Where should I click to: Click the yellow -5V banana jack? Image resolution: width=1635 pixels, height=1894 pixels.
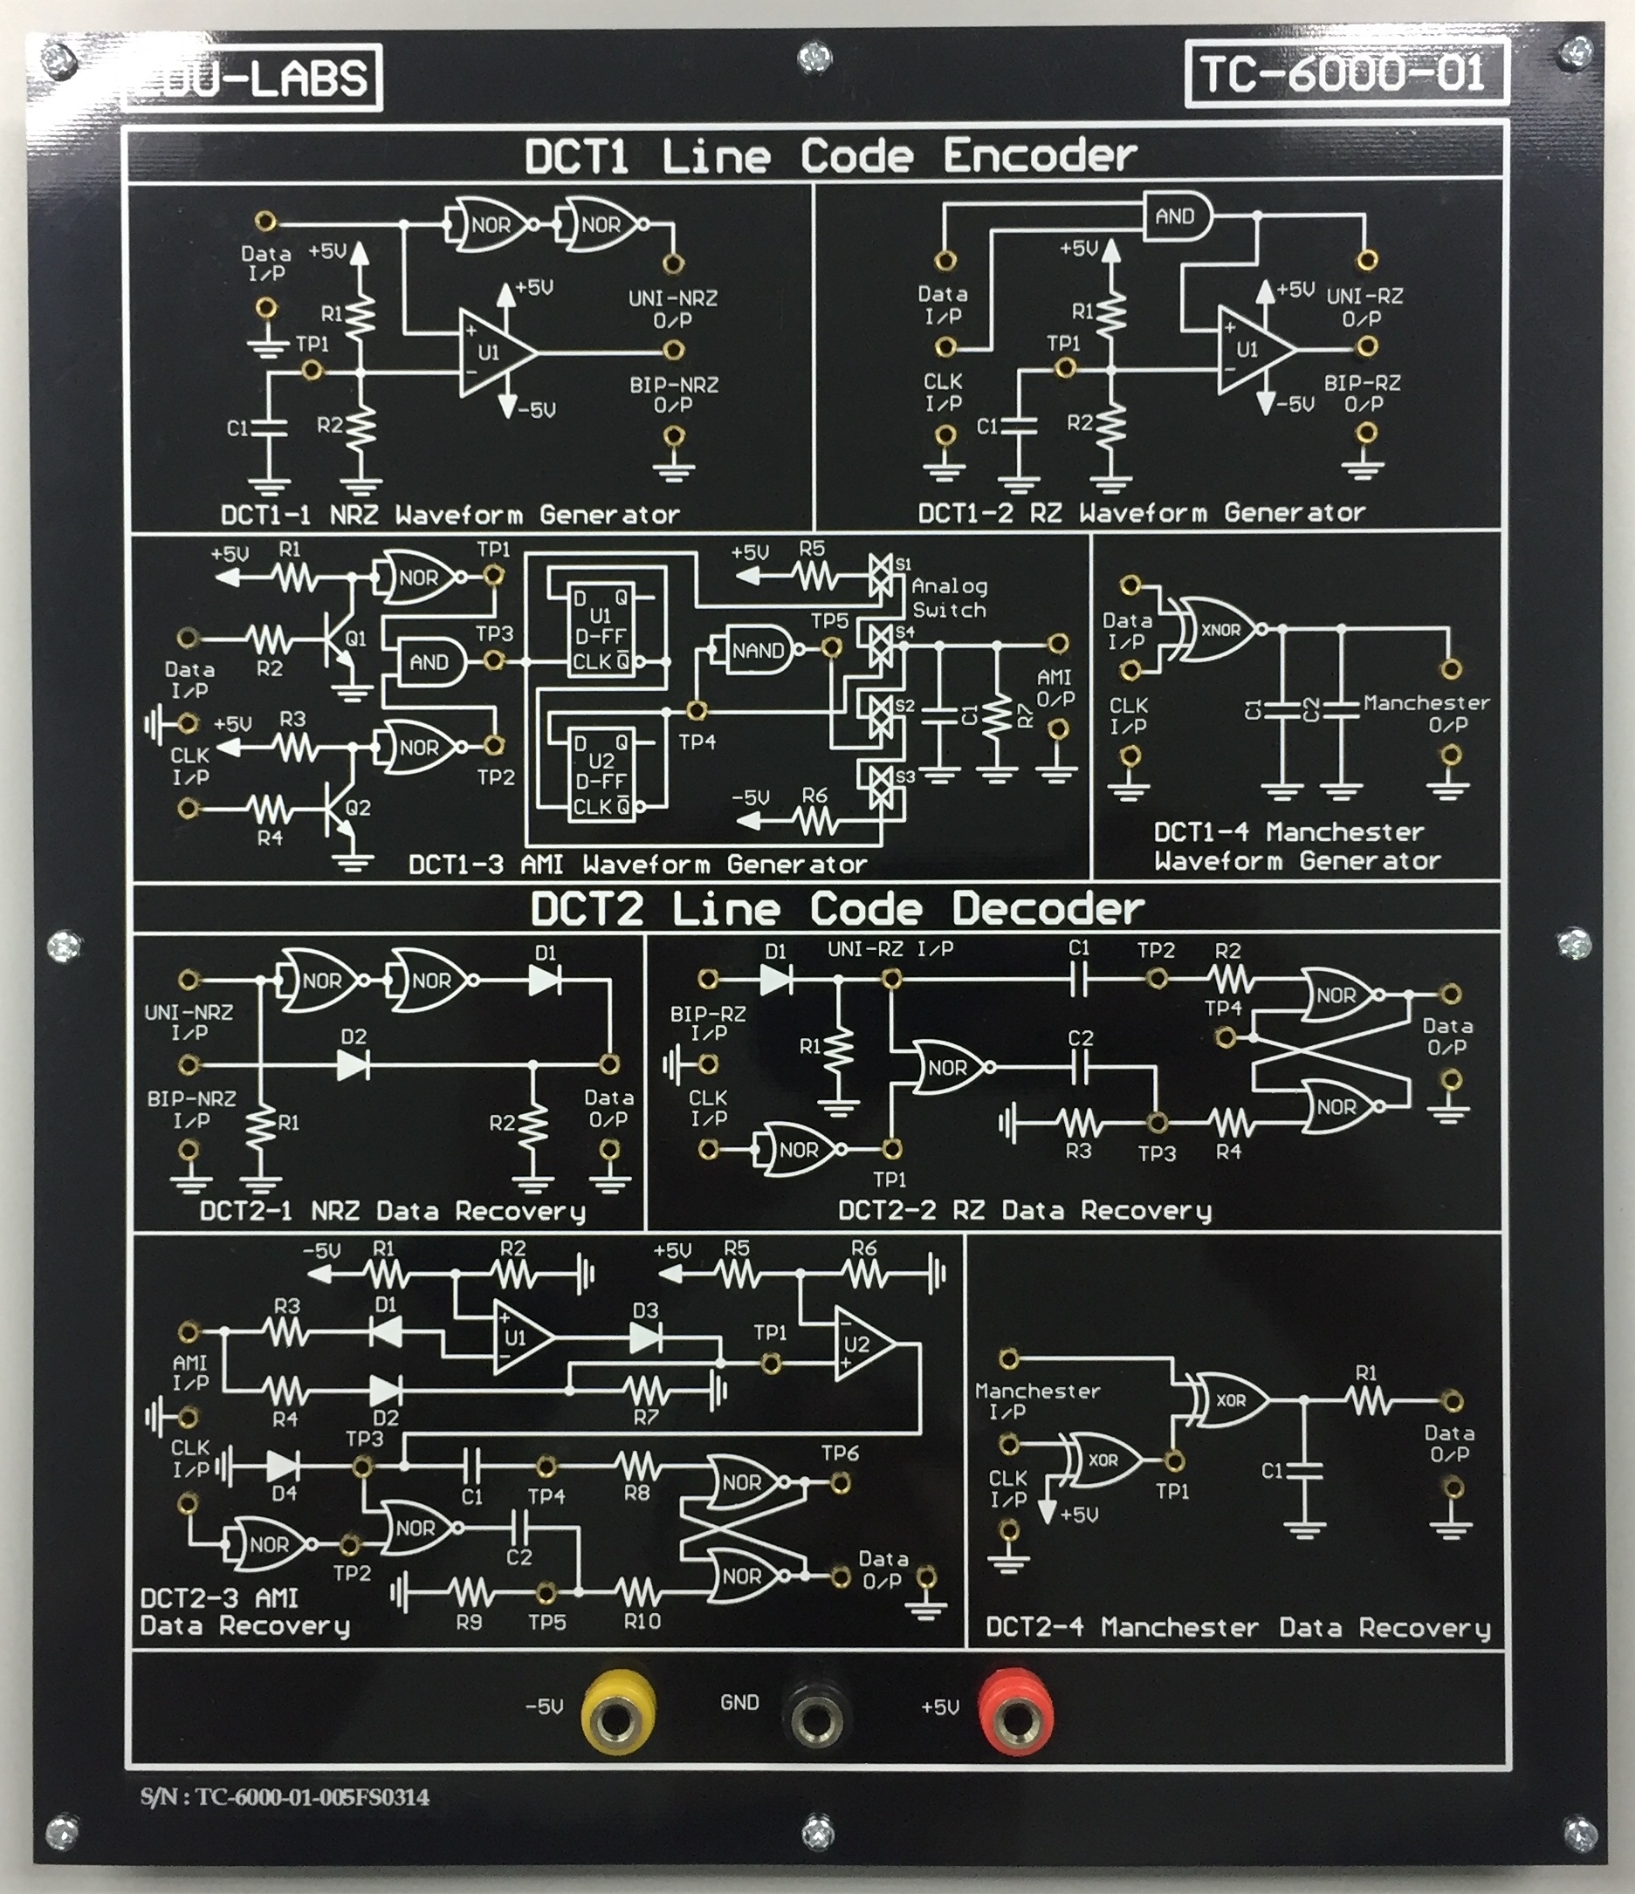(617, 1712)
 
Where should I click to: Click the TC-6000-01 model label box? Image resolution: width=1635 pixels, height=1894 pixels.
(1345, 73)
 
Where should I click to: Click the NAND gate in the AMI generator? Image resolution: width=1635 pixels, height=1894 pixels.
(758, 650)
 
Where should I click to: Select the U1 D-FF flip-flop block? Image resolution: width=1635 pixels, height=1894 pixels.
(601, 630)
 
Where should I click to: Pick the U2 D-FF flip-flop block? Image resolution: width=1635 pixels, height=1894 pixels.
(601, 773)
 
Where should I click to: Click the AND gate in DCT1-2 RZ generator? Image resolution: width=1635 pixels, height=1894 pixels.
(1178, 216)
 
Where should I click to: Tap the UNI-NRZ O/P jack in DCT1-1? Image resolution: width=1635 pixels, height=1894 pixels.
(673, 264)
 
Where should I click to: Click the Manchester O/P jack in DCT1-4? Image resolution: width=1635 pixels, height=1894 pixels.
(1450, 669)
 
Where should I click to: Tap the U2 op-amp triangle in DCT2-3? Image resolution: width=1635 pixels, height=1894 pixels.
(861, 1343)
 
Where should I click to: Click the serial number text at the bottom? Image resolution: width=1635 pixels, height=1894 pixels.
(285, 1797)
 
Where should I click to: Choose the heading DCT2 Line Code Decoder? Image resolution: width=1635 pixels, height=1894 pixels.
(836, 908)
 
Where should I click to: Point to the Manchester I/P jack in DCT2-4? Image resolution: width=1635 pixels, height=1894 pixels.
(1008, 1358)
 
